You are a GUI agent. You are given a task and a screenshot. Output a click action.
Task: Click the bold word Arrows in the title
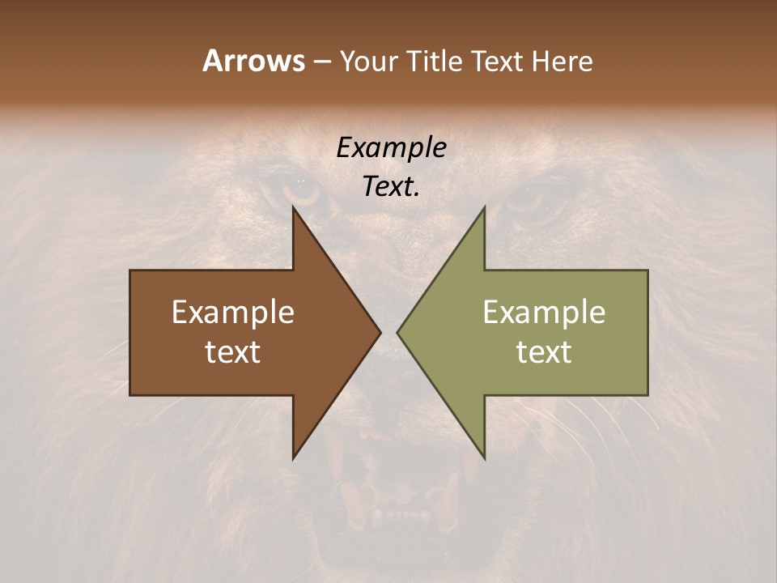point(253,61)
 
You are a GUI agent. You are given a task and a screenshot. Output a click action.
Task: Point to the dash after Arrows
point(321,62)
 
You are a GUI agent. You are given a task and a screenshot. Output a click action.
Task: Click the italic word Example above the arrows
point(391,148)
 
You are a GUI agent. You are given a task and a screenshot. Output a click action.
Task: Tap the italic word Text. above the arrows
point(391,186)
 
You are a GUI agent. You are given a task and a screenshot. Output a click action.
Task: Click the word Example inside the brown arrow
point(233,312)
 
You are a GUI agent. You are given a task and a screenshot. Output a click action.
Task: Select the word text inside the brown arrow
point(233,352)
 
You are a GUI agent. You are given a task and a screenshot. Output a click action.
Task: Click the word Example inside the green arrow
point(544,312)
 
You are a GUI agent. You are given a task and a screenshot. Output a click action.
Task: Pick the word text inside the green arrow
point(544,352)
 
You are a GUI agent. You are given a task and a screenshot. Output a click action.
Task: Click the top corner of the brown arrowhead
point(294,209)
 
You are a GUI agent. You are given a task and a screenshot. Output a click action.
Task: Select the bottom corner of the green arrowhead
point(484,457)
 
